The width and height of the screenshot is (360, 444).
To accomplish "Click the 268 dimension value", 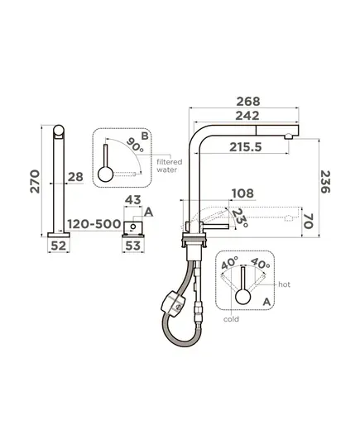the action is click(x=248, y=102).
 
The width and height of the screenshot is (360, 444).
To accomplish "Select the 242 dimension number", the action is click(x=247, y=116).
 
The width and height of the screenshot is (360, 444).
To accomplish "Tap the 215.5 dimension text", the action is click(x=246, y=147).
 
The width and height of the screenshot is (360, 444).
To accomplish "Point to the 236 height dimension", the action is click(x=325, y=182).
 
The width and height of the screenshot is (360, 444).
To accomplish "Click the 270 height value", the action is click(x=35, y=182).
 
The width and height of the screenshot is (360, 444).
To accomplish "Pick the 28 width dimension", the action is click(x=75, y=177).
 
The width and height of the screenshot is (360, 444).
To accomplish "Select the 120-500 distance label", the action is click(x=94, y=224).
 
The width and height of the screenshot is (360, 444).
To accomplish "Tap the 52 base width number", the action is click(x=59, y=246).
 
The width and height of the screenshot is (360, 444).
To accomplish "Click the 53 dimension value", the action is click(x=133, y=246).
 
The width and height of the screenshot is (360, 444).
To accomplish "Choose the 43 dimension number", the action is click(x=133, y=200).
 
